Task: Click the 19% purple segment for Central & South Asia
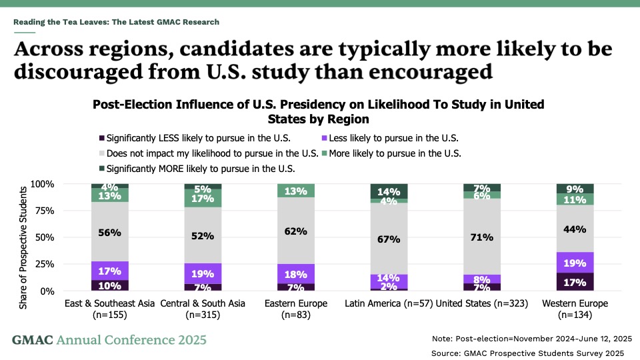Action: coord(203,273)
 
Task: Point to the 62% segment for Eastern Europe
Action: coord(296,231)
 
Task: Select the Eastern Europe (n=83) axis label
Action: coord(296,309)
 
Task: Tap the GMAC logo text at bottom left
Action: coord(109,340)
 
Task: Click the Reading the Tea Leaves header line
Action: coord(116,22)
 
